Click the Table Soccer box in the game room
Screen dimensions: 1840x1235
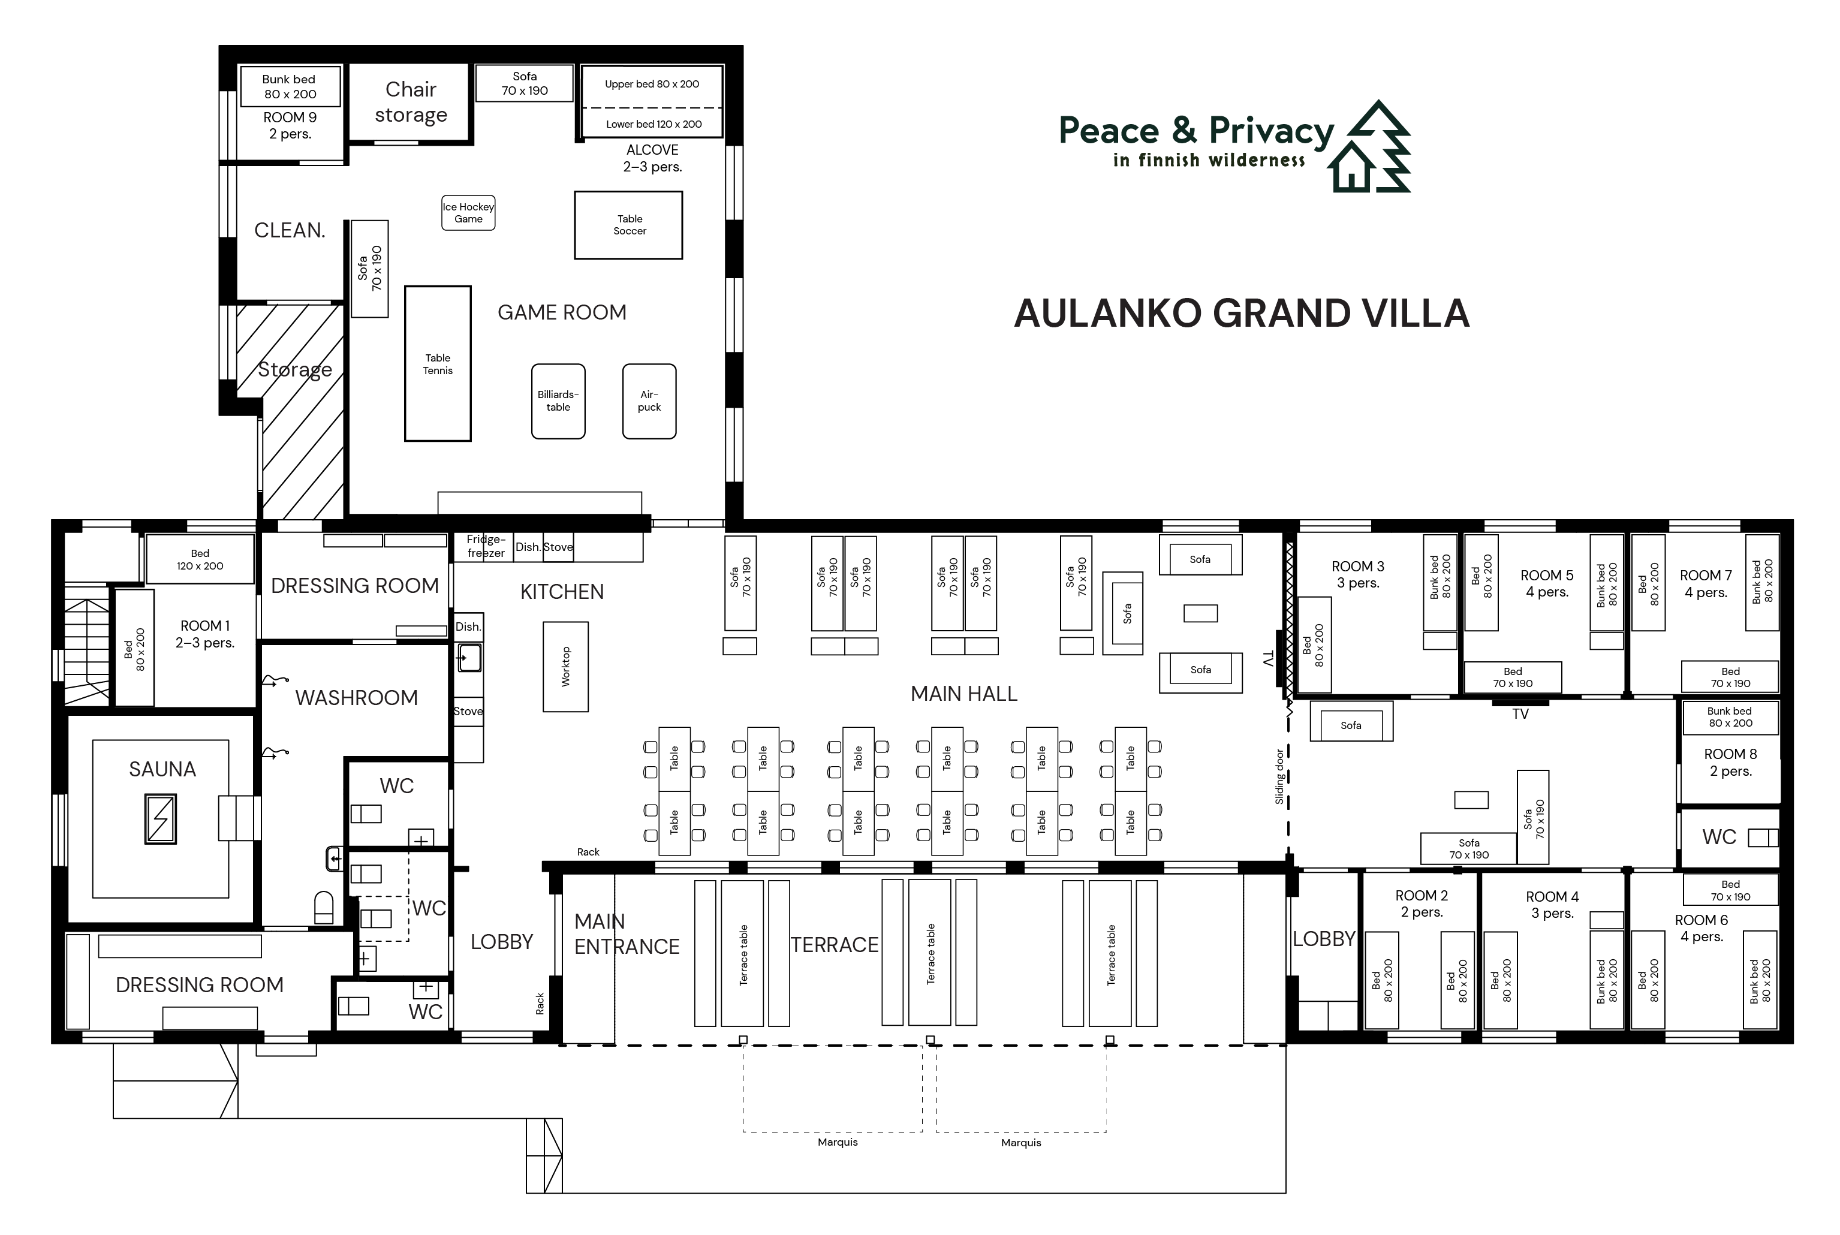tap(628, 225)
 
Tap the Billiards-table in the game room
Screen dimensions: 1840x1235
tap(558, 401)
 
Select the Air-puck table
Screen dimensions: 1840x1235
tap(649, 401)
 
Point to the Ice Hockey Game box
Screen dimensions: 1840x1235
tap(468, 213)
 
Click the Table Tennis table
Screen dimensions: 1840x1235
tap(438, 364)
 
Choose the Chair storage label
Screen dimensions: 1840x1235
tap(410, 101)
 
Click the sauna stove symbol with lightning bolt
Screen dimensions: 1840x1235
tap(161, 819)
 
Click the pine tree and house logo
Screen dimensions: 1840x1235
tap(1369, 146)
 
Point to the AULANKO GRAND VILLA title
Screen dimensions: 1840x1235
tap(1242, 314)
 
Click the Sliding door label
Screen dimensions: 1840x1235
tap(1279, 776)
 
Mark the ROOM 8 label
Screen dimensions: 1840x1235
tap(1730, 754)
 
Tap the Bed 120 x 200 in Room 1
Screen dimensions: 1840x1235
tap(200, 559)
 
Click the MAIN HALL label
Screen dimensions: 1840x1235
tap(964, 694)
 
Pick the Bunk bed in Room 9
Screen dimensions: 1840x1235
tap(290, 87)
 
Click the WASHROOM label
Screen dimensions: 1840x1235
tap(356, 698)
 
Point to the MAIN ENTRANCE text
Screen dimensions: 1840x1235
tap(626, 934)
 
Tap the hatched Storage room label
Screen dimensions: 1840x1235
tap(294, 370)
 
